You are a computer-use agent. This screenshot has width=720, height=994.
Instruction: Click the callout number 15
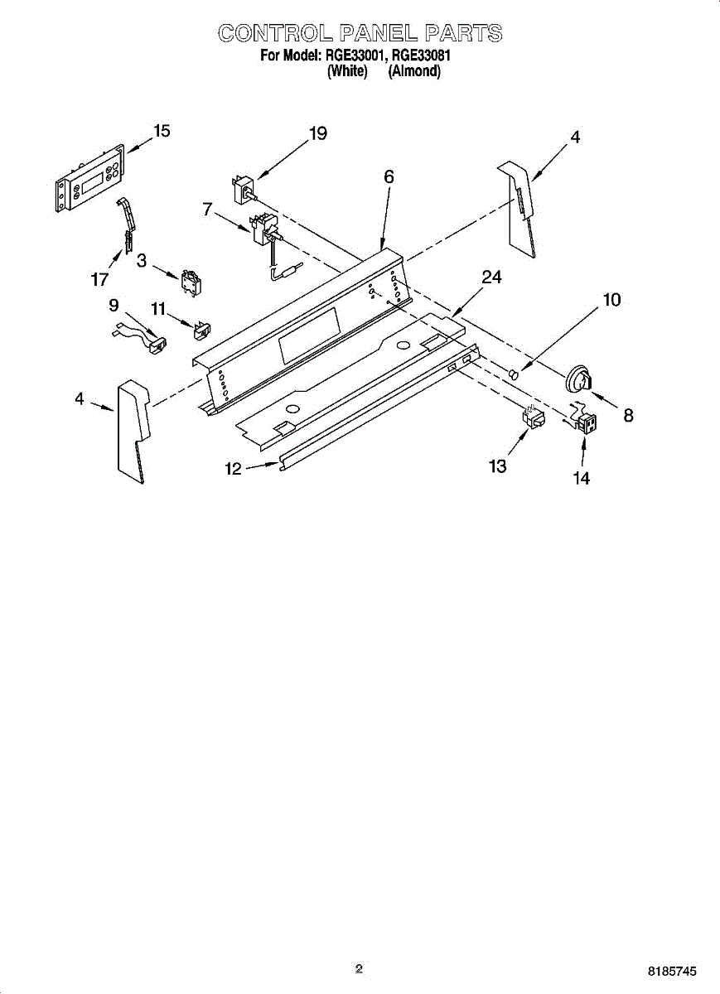[162, 131]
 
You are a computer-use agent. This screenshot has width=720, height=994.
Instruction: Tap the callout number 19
[317, 133]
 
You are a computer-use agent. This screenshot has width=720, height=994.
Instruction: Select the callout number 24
[491, 277]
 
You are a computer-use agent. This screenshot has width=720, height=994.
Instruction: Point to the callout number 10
[611, 300]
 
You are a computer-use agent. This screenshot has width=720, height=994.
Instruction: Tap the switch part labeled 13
[533, 418]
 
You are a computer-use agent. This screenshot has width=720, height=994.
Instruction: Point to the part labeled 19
[243, 189]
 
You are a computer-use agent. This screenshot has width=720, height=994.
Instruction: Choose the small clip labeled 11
[201, 331]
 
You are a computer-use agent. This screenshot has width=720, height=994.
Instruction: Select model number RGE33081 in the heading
[421, 56]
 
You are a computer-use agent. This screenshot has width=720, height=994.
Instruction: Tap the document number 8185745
[674, 970]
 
